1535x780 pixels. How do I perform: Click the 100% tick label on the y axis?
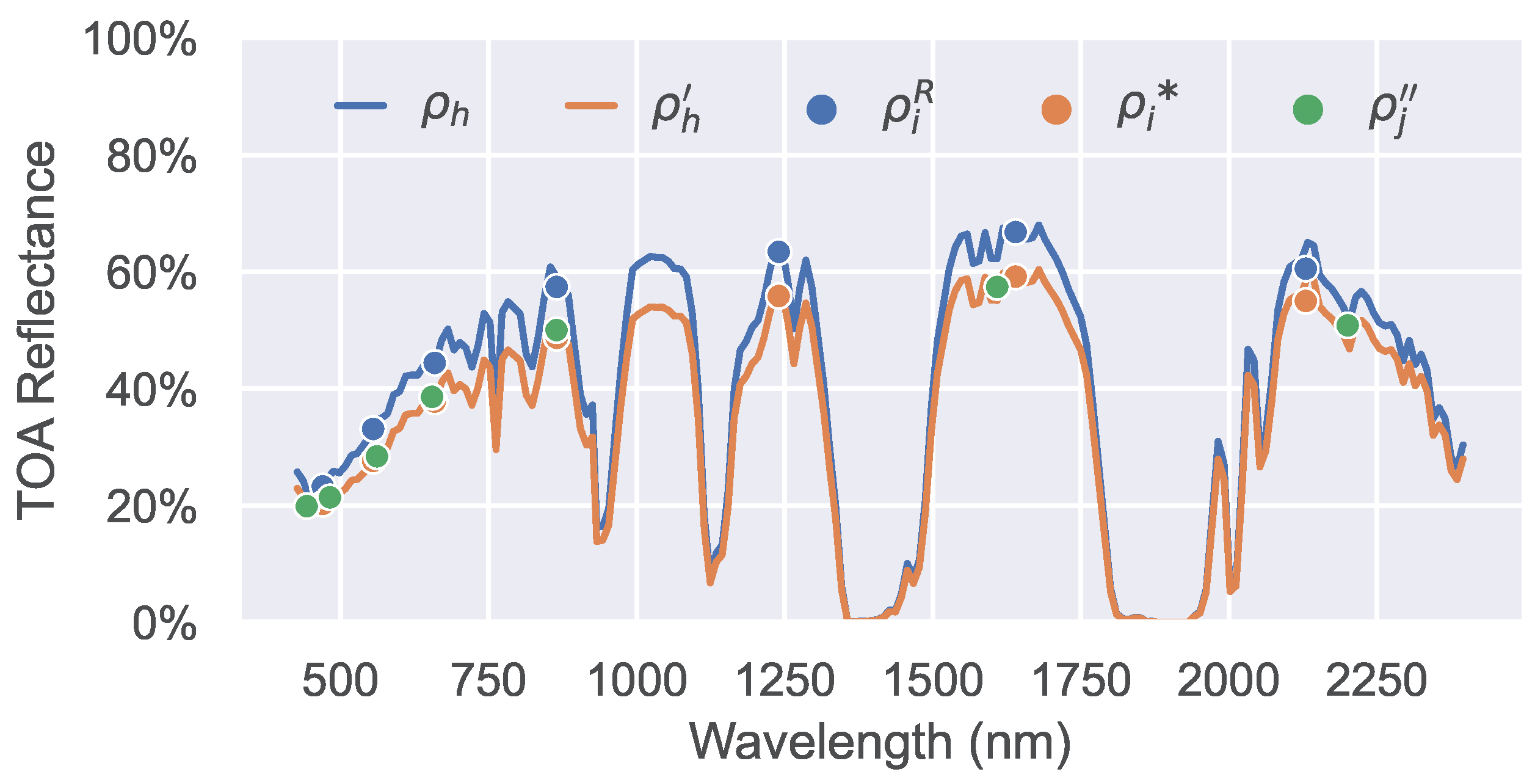140,40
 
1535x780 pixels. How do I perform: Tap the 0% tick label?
164,624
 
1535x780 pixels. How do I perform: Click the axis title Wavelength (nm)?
880,742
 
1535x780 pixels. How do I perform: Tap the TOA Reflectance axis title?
37,330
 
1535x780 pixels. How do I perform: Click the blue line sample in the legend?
361,106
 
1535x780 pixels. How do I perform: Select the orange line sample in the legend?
591,106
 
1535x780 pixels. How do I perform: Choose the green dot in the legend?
1308,110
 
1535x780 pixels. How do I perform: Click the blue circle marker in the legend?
821,110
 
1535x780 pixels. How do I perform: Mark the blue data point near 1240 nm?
778,252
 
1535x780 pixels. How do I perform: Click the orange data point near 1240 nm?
778,296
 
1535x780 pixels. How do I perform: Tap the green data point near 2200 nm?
1348,326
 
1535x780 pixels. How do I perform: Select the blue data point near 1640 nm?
1015,232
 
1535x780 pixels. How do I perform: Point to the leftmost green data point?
307,506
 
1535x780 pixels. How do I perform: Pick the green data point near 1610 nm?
997,287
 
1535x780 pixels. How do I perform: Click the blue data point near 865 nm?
557,287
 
